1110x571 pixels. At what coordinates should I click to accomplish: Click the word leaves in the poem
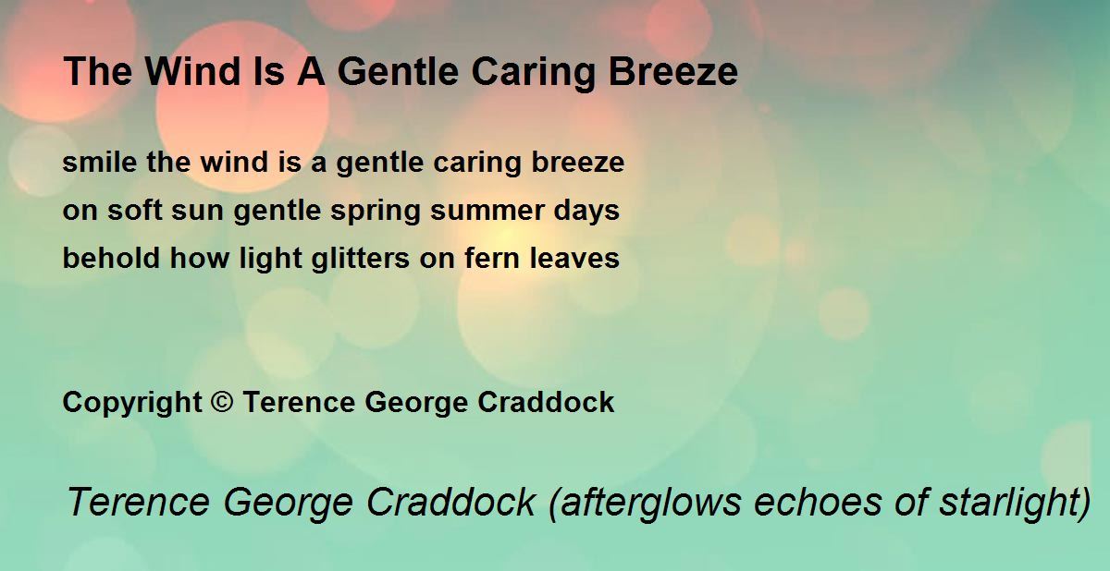tap(575, 259)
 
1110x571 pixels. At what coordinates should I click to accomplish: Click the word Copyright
tap(131, 403)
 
